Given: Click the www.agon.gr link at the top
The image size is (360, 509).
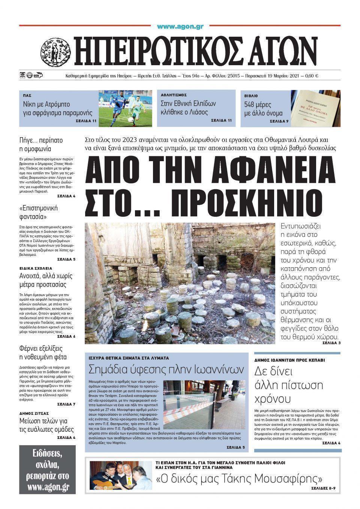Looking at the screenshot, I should coord(180,27).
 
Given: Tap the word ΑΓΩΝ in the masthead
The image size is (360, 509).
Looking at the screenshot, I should coord(274,50).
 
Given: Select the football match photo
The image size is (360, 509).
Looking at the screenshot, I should coord(125,108).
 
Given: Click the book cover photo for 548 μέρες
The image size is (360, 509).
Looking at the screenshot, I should coord(315,108).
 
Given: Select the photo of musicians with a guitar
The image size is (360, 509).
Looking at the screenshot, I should coord(121,475).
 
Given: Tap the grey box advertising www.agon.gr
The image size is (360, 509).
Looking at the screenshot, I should coord(47,469).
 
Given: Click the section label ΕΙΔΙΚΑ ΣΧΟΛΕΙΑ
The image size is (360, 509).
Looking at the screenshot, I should coord(36,268).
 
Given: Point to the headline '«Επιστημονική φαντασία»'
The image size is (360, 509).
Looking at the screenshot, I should coord(38,212).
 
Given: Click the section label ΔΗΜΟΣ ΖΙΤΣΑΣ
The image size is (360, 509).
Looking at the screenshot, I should coord(35,413).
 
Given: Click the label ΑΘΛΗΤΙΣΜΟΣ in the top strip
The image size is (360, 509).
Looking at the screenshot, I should coord(174,95).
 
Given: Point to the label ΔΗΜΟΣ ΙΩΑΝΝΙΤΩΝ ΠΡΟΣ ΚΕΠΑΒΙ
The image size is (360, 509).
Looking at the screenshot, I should coord(289,360).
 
